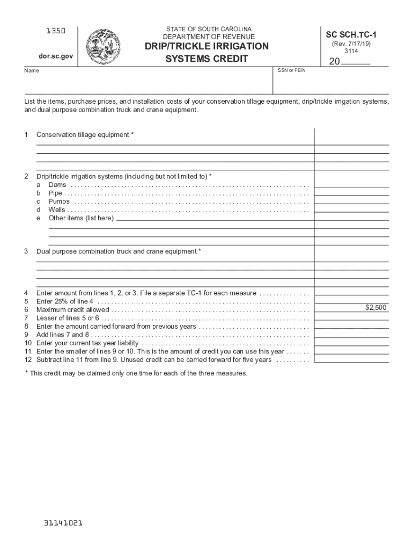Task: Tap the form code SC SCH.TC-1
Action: point(351,34)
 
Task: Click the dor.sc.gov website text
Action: point(48,56)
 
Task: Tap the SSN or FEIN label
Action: point(291,70)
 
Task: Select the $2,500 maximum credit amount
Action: point(375,308)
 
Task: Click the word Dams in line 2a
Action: point(57,185)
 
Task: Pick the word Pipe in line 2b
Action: point(55,193)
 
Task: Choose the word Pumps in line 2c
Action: point(59,201)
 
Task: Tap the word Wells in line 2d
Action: point(57,210)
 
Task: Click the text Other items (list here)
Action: point(81,218)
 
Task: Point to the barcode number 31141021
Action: point(63,522)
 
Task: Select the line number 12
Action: point(28,360)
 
